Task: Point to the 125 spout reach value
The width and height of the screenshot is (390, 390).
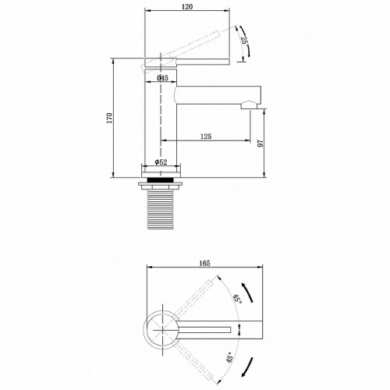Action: click(x=206, y=136)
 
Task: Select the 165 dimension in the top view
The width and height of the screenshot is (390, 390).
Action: click(x=205, y=264)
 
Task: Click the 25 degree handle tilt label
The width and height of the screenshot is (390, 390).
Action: click(x=244, y=41)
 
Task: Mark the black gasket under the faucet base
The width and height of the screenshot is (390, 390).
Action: click(x=162, y=180)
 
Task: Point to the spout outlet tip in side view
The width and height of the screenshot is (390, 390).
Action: click(x=250, y=101)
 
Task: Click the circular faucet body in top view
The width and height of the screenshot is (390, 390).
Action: click(x=162, y=330)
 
